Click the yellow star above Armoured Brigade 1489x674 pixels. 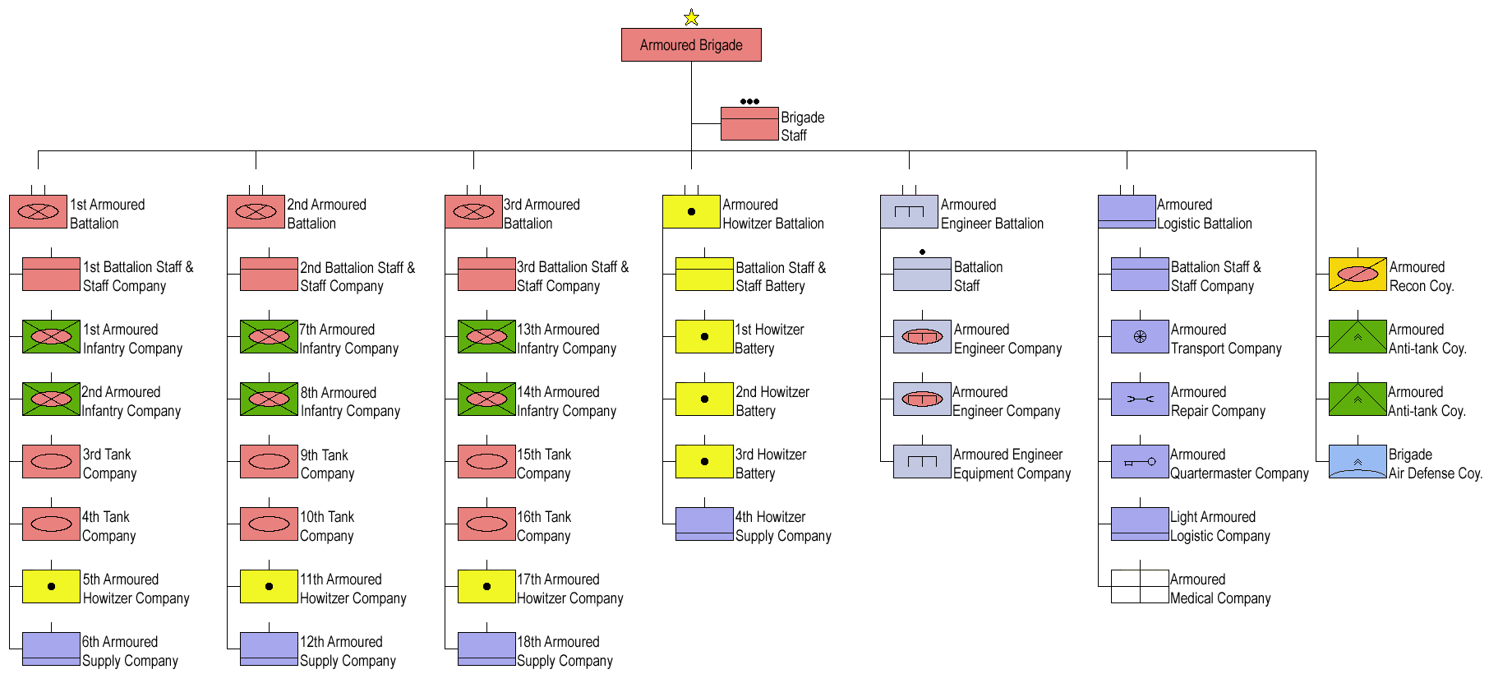coord(691,17)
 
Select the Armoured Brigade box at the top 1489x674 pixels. coord(691,45)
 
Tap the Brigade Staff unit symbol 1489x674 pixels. coord(749,124)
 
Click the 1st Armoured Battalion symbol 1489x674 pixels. coord(38,211)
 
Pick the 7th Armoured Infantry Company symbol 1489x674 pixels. coord(269,337)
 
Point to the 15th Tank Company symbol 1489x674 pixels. coord(486,462)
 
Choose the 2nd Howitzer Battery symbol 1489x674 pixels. coord(704,399)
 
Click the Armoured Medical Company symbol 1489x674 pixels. coord(1140,587)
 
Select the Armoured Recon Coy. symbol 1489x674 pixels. coord(1358,275)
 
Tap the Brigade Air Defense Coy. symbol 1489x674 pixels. coord(1358,462)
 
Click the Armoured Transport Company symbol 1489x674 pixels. coord(1140,337)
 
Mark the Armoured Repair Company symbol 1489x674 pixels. coord(1140,399)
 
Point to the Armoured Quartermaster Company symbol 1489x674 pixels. coord(1140,462)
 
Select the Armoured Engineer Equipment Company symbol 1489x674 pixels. coord(922,462)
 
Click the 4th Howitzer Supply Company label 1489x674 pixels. coord(783,526)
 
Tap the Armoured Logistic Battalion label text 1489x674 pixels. coord(1205,214)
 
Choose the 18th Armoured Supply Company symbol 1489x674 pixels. coord(486,649)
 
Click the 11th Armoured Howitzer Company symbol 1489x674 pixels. coord(269,587)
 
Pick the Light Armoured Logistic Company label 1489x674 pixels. coord(1220,526)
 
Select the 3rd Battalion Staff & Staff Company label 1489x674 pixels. coord(573,276)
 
